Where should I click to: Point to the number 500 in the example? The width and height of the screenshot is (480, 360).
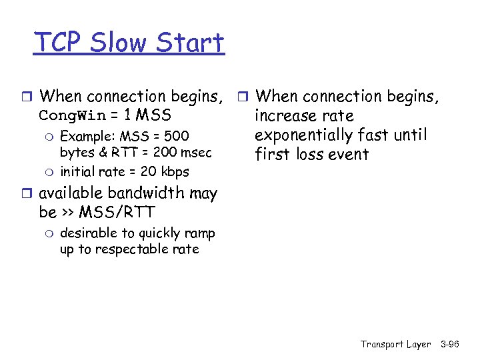pyautogui.click(x=177, y=137)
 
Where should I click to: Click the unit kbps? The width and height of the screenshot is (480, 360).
pyautogui.click(x=174, y=171)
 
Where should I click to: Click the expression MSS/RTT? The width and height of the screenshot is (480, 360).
pyautogui.click(x=117, y=213)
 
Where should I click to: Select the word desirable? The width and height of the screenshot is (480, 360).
pyautogui.click(x=89, y=233)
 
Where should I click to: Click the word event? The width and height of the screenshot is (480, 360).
pyautogui.click(x=347, y=155)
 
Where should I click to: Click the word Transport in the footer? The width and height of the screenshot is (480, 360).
pyautogui.click(x=382, y=345)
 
